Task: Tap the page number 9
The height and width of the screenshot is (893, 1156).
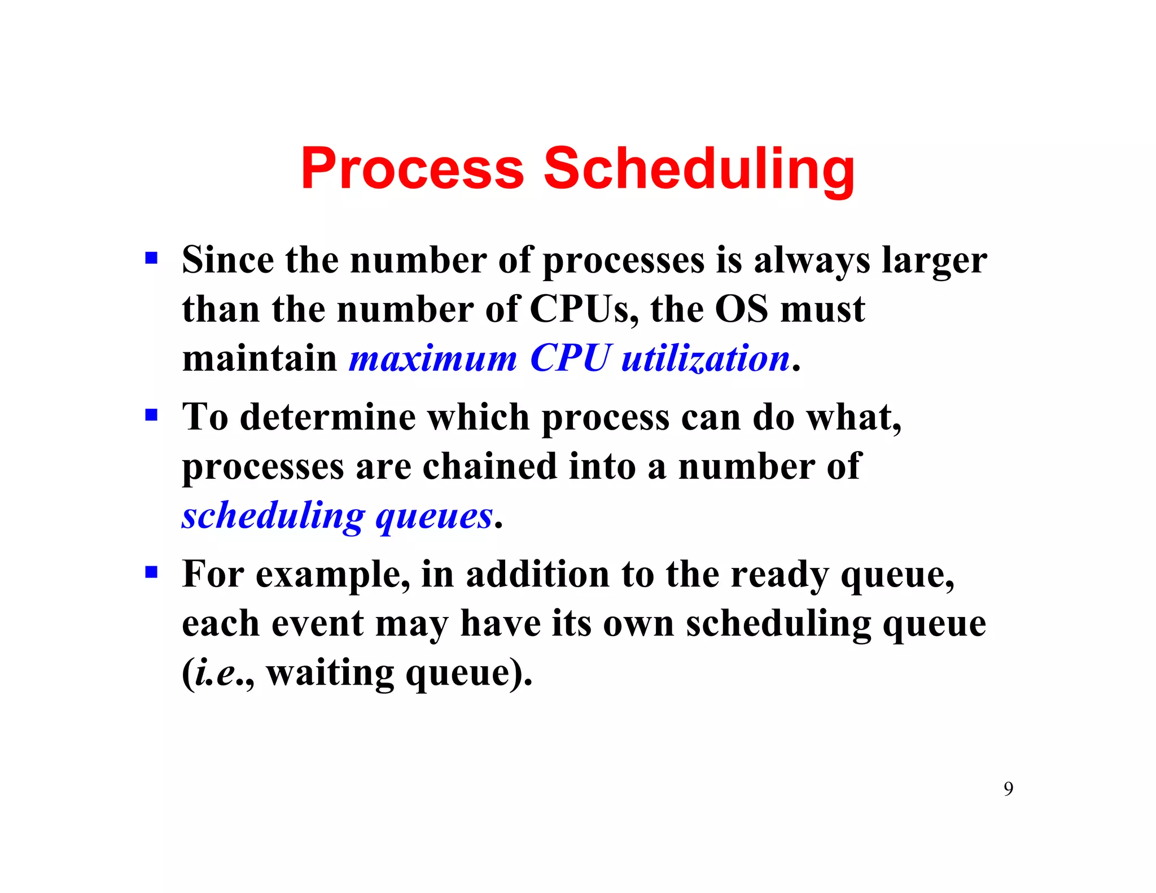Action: coord(1008,789)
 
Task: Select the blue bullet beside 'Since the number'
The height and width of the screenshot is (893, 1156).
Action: coord(151,259)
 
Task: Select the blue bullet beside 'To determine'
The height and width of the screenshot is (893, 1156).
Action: coord(151,415)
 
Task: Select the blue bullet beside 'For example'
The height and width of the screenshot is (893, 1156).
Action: coord(151,572)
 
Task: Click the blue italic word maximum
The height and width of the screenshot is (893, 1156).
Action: coord(433,358)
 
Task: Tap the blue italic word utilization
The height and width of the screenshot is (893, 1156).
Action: coord(705,358)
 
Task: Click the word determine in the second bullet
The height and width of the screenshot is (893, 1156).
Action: coord(328,417)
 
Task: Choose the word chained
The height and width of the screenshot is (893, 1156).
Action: coord(489,467)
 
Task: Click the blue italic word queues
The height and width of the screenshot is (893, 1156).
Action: coord(434,516)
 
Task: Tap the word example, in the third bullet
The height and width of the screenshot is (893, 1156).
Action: coord(333,575)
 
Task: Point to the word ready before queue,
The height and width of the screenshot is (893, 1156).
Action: coord(779,575)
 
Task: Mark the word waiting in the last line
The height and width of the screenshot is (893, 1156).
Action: coord(330,673)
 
